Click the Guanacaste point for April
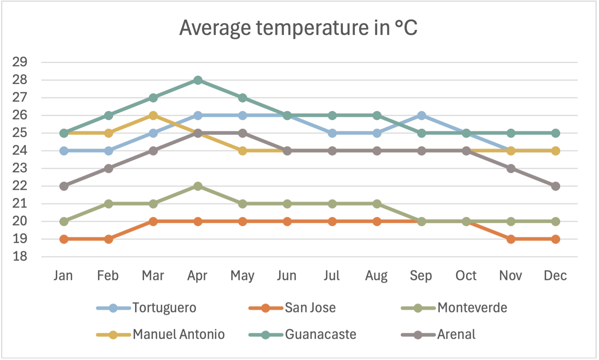point(198,80)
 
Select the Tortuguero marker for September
point(421,115)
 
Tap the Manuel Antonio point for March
point(153,115)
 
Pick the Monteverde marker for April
point(198,186)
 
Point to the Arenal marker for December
point(555,186)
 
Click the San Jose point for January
point(64,239)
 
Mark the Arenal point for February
point(108,168)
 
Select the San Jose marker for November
point(511,239)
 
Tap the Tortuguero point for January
point(64,151)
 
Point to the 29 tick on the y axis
point(20,62)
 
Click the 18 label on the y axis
point(20,257)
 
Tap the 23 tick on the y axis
point(20,168)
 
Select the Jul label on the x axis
point(332,276)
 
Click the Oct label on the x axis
point(466,276)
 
